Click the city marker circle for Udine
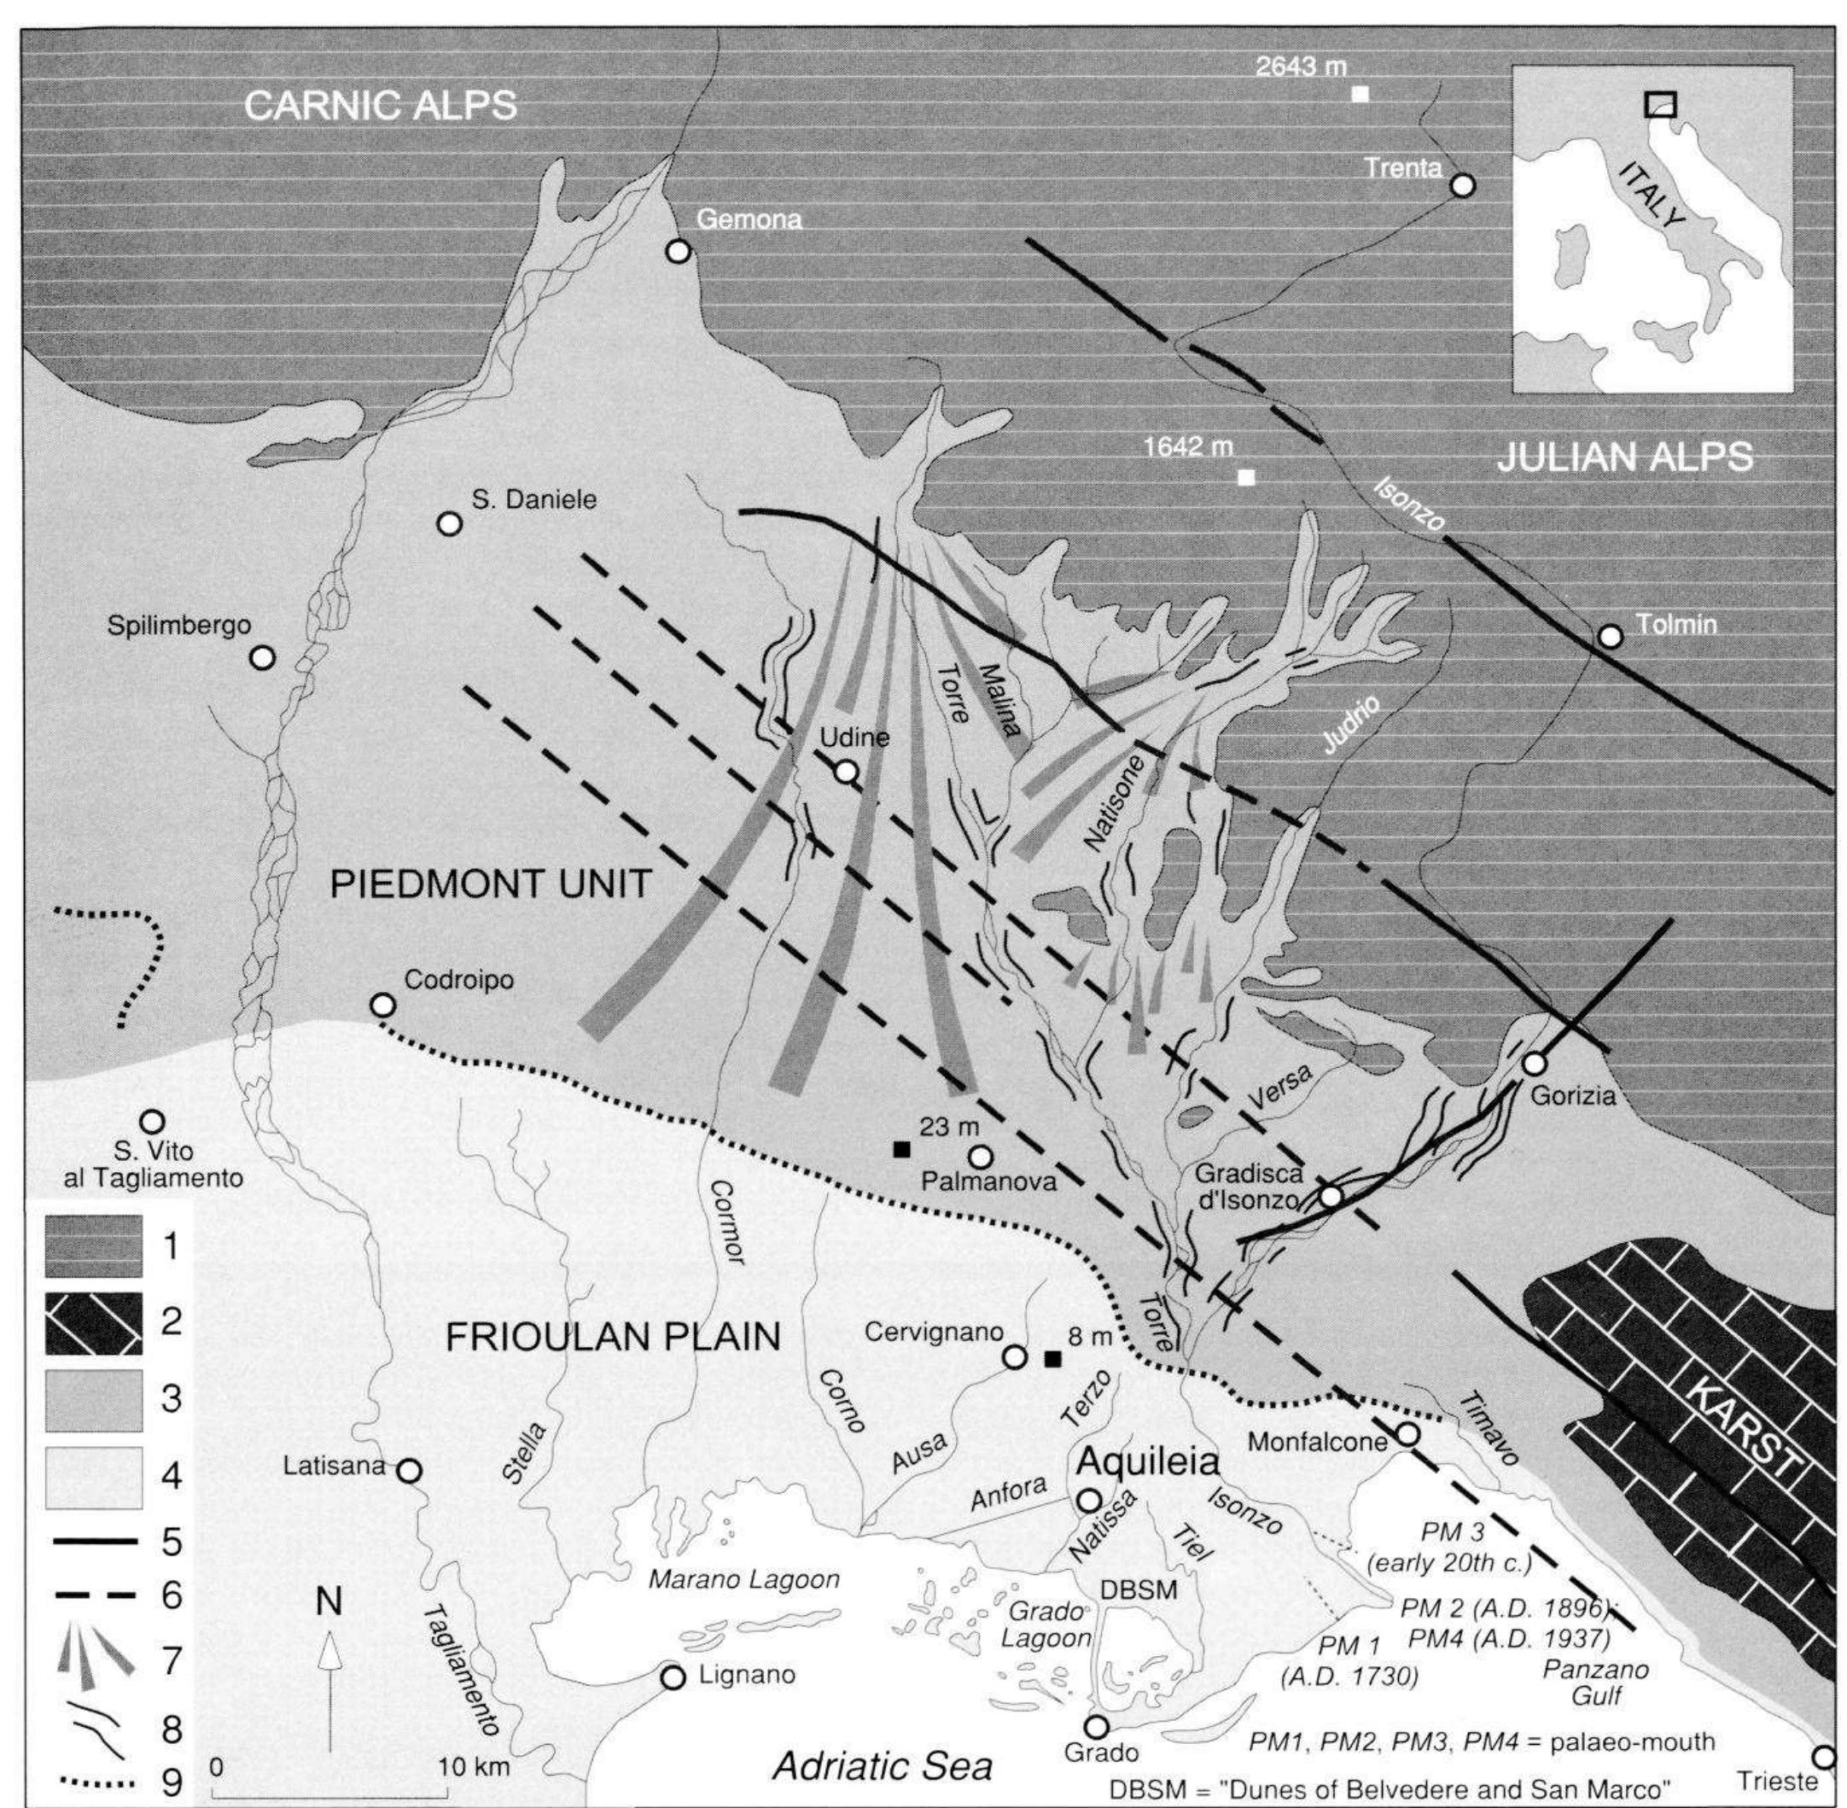point(845,771)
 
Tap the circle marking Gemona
point(677,252)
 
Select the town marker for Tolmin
point(1611,635)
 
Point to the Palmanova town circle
point(980,1157)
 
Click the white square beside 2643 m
point(1360,94)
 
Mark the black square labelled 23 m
point(901,1149)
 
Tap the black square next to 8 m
point(1052,1358)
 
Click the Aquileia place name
point(1147,1461)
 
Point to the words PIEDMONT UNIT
point(490,884)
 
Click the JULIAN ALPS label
point(1624,457)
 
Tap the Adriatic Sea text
point(883,1765)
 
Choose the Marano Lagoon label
point(743,1579)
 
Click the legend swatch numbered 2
point(94,1323)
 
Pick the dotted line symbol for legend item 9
point(94,1782)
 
